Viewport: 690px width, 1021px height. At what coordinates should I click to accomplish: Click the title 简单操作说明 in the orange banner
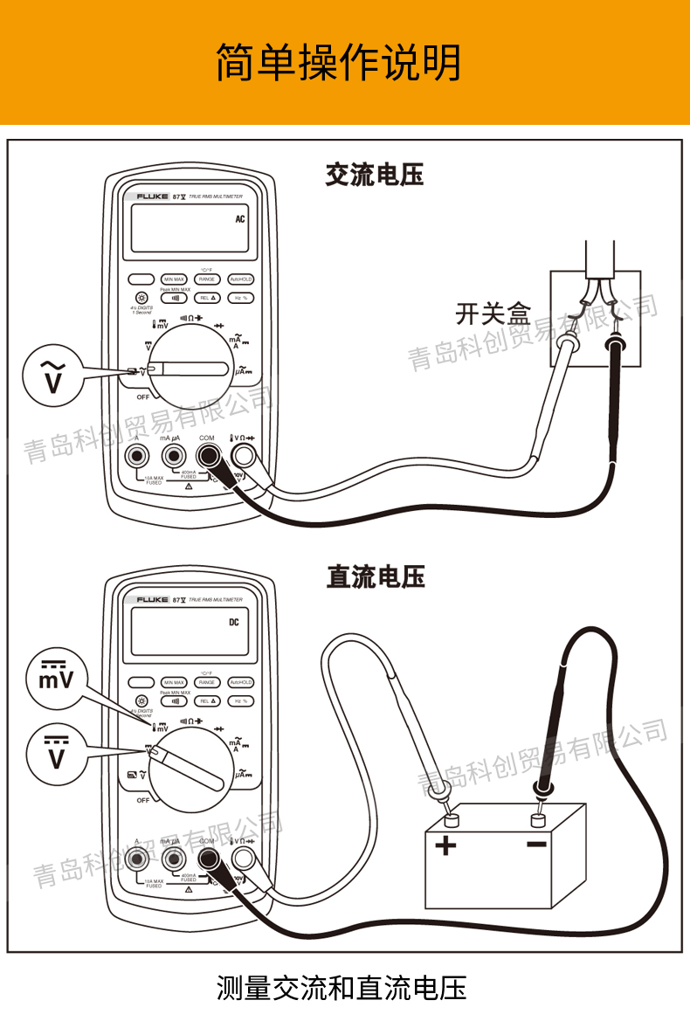click(339, 62)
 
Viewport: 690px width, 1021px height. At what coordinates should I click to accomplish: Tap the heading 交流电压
click(375, 175)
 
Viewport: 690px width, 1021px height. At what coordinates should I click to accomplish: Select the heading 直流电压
click(376, 577)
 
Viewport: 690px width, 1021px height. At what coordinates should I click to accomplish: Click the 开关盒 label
click(493, 312)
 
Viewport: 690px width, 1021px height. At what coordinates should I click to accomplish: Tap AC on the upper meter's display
click(240, 219)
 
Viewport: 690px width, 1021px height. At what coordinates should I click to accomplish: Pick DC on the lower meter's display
click(234, 623)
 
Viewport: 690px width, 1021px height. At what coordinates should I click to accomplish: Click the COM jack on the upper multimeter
click(208, 455)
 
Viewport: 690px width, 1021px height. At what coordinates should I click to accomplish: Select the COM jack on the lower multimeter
click(208, 859)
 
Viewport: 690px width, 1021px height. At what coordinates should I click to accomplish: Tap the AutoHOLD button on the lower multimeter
click(241, 682)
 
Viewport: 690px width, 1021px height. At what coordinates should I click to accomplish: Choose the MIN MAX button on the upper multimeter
click(174, 279)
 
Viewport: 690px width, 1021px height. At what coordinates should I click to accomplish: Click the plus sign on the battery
click(445, 845)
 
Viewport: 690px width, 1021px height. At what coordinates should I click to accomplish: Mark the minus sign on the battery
click(536, 844)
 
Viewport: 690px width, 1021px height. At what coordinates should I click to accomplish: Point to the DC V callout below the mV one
click(56, 753)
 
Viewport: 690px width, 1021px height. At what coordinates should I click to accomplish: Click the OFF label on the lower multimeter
click(142, 800)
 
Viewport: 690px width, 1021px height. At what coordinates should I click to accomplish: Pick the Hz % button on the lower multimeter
click(241, 700)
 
